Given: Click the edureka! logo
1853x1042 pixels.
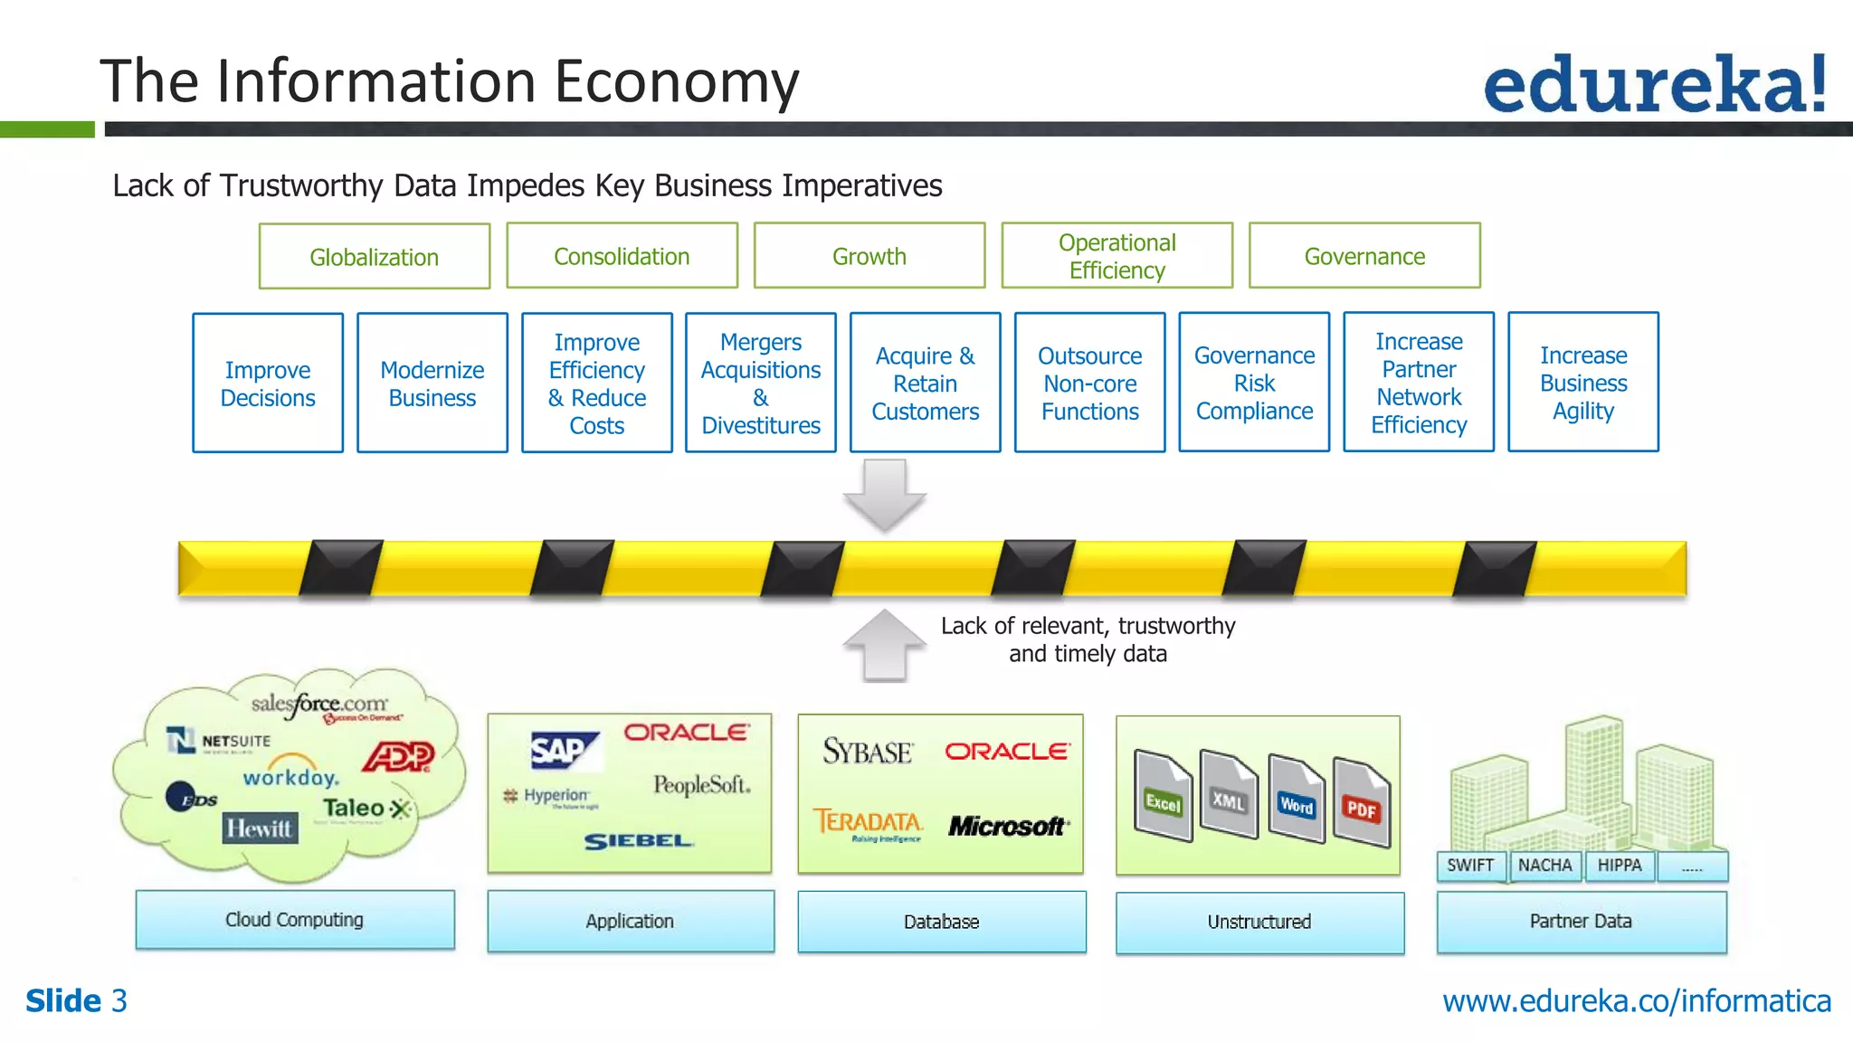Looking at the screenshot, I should point(1654,83).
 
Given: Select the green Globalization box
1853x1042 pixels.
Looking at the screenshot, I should point(374,257).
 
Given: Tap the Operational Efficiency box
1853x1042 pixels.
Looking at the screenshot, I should point(1117,256).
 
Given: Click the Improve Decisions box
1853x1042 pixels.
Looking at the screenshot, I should point(268,384).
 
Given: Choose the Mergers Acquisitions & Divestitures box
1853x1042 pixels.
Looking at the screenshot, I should point(761,384).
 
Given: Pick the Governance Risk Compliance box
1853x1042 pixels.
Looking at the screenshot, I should point(1254,383).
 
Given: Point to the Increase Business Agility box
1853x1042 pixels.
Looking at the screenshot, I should point(1582,383).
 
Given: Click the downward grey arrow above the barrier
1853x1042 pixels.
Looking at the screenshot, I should point(884,494).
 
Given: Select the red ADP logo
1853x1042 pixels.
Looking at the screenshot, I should point(398,756).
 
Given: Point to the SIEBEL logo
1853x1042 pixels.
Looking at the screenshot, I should point(638,841).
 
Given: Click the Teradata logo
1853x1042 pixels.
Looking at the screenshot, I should point(868,824).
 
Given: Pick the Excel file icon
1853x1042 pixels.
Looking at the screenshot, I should point(1163,795).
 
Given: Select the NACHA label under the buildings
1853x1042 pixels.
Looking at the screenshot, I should point(1544,866).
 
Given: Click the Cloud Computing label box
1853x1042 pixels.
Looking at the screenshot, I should point(295,920).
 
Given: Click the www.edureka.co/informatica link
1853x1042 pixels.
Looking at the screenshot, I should point(1636,1001).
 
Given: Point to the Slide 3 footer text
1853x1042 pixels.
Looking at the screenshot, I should point(77,1001).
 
